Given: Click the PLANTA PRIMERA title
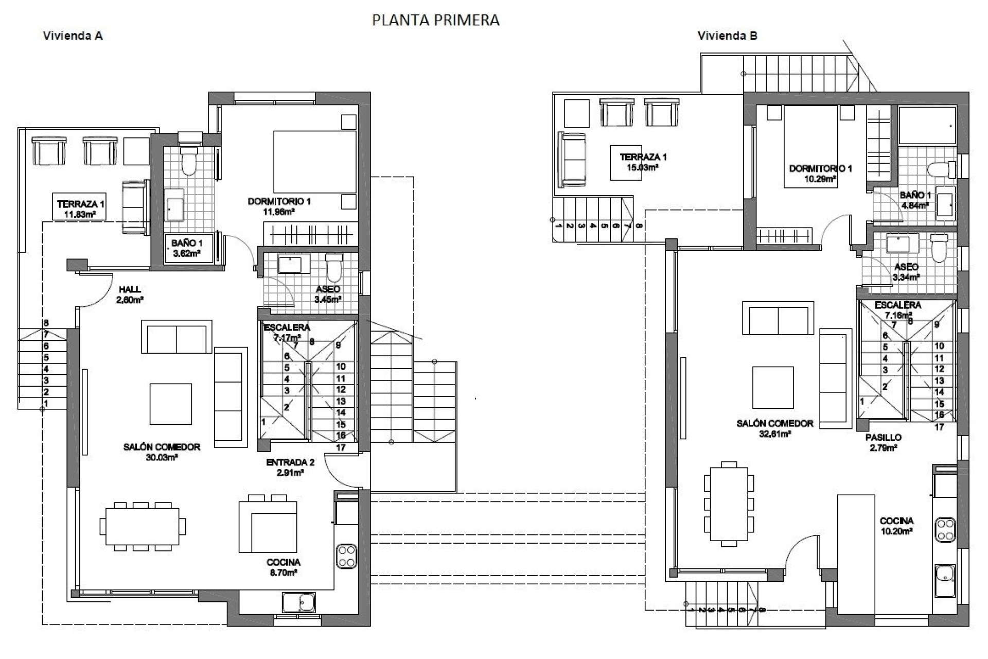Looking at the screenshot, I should point(435,20).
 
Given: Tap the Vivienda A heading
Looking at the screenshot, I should point(73,36).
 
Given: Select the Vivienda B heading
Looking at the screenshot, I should point(727,36).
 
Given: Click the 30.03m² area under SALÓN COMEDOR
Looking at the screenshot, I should point(162,457).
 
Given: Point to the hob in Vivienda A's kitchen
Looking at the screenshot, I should point(346,556).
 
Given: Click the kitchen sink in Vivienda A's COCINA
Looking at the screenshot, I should point(298,602).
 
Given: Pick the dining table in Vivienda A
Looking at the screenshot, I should point(143,526).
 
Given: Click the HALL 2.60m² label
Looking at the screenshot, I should point(130,294).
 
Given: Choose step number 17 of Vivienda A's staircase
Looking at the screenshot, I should point(341,447).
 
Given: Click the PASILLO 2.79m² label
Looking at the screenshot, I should point(883,442).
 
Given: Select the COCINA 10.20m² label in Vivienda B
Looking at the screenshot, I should point(896,526).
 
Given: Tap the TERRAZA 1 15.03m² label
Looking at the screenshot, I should point(643,162).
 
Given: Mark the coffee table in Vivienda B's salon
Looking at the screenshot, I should point(772,387).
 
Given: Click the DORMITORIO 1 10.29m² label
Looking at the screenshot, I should point(820,174).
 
